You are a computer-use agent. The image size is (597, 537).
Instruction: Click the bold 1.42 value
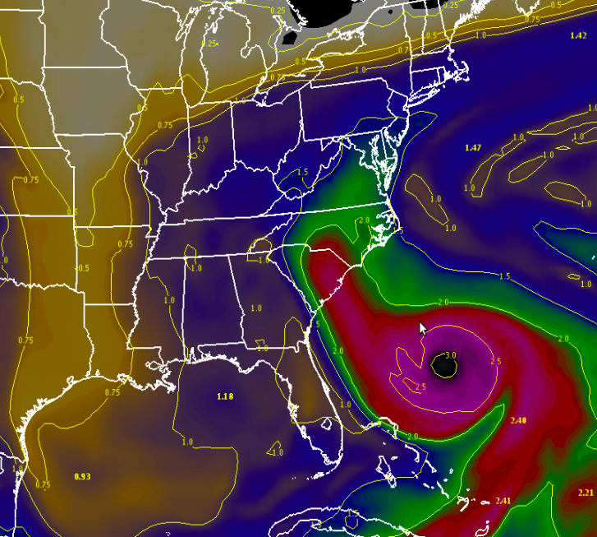pyautogui.click(x=578, y=35)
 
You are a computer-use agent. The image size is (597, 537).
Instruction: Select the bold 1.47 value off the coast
pyautogui.click(x=472, y=147)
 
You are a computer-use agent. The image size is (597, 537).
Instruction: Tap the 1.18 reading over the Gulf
pyautogui.click(x=225, y=396)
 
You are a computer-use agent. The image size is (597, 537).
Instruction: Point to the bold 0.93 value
pyautogui.click(x=82, y=476)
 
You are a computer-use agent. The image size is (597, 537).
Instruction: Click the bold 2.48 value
pyautogui.click(x=518, y=420)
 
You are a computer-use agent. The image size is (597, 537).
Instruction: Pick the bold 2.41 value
pyautogui.click(x=503, y=501)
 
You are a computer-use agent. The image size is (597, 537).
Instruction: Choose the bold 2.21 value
pyautogui.click(x=585, y=492)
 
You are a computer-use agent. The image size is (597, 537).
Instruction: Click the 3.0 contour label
pyautogui.click(x=450, y=355)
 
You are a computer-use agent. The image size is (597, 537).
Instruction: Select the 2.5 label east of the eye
pyautogui.click(x=495, y=361)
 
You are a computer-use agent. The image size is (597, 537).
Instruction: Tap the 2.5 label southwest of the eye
pyautogui.click(x=420, y=387)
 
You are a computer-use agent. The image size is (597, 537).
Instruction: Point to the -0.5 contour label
pyautogui.click(x=83, y=268)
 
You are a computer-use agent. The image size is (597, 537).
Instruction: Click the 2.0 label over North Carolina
pyautogui.click(x=364, y=220)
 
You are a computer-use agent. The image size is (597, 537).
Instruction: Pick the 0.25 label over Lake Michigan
pyautogui.click(x=210, y=44)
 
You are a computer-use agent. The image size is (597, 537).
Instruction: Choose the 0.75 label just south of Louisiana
pyautogui.click(x=113, y=392)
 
